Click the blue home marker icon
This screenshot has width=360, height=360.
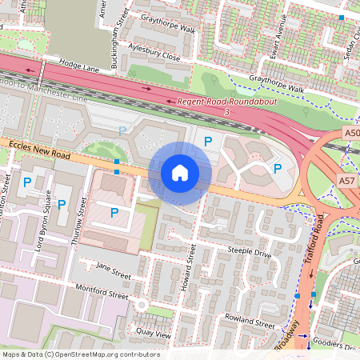[x=180, y=173]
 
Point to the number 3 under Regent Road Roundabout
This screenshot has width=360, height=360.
[x=227, y=113]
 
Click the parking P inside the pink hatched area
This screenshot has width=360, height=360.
[x=114, y=212]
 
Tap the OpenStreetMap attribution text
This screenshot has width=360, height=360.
[x=81, y=354]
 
